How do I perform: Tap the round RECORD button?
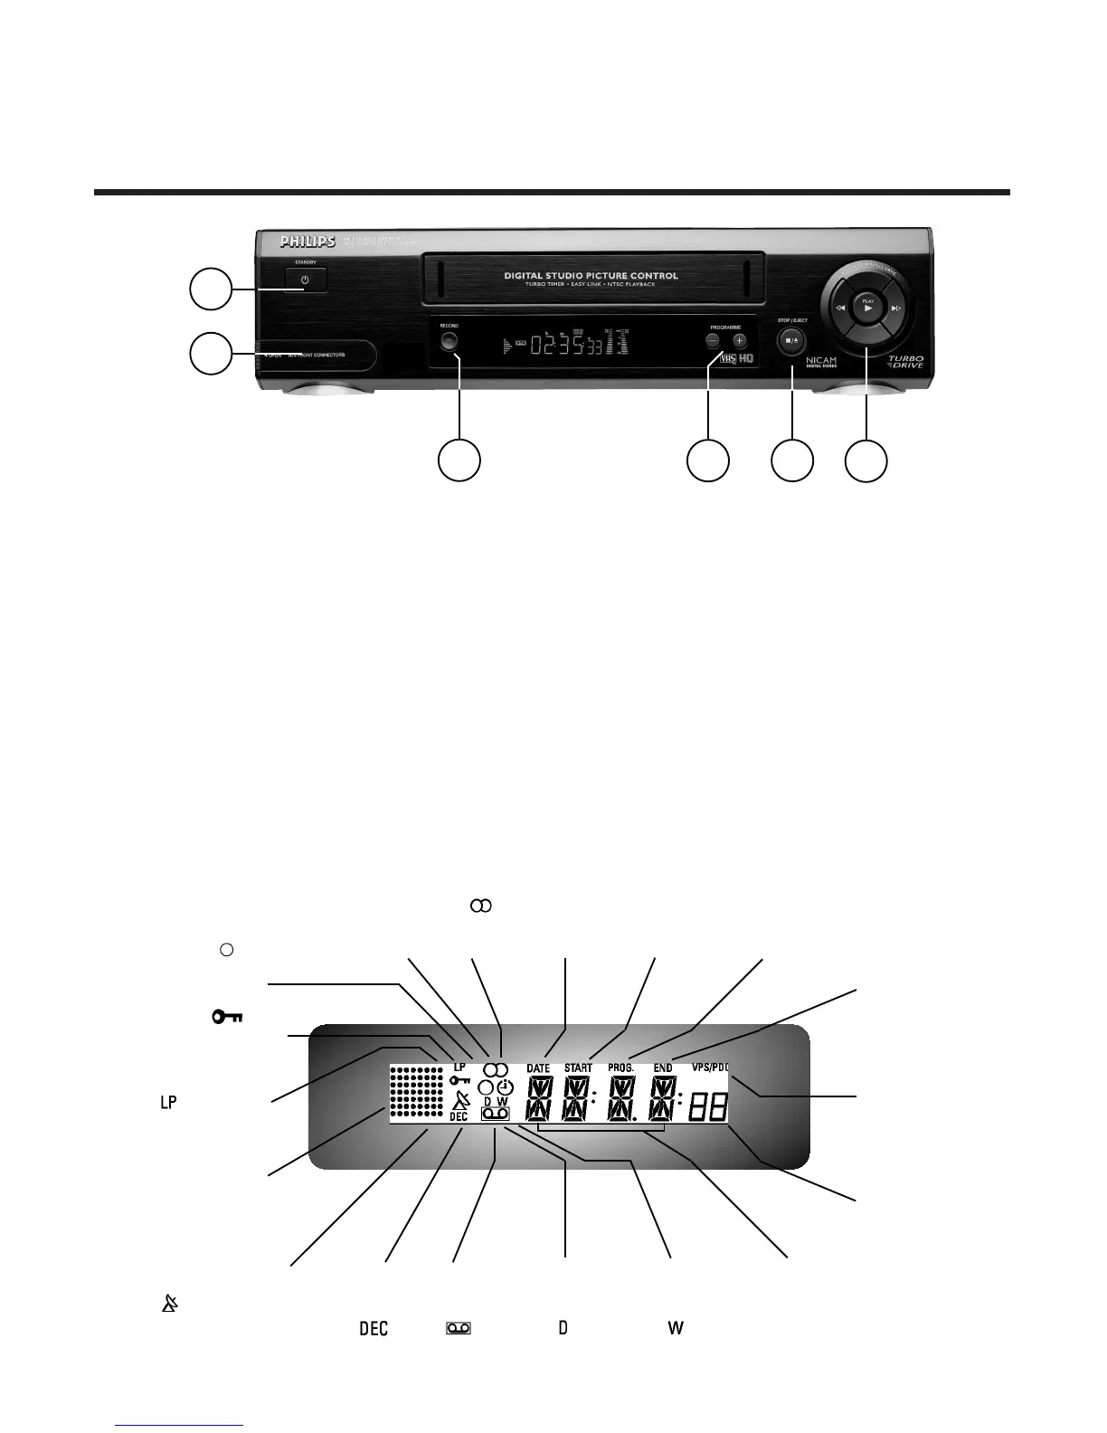(449, 342)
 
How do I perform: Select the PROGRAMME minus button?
(713, 341)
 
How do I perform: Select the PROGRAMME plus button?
(740, 341)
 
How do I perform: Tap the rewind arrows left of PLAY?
(840, 308)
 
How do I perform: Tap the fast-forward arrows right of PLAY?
(896, 308)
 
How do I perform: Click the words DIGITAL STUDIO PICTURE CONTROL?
(592, 276)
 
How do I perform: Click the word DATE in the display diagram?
(538, 1068)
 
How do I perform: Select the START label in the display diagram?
(578, 1068)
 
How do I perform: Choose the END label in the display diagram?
(663, 1068)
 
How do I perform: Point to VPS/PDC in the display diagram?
(710, 1068)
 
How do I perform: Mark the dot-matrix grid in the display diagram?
(418, 1094)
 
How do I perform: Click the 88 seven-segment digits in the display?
(708, 1106)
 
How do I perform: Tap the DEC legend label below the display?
(374, 1329)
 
